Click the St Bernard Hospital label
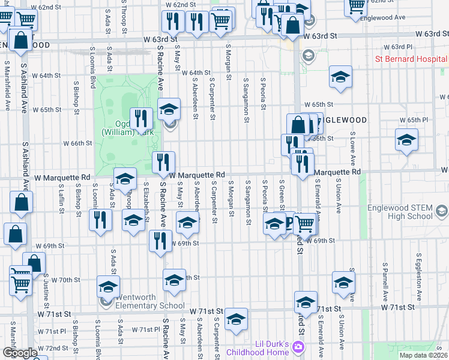(x=411, y=59)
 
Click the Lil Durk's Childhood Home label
(x=263, y=348)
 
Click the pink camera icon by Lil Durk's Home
(x=298, y=347)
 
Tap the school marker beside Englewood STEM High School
(x=442, y=211)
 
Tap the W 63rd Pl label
(x=402, y=46)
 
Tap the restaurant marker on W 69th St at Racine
(x=159, y=242)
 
